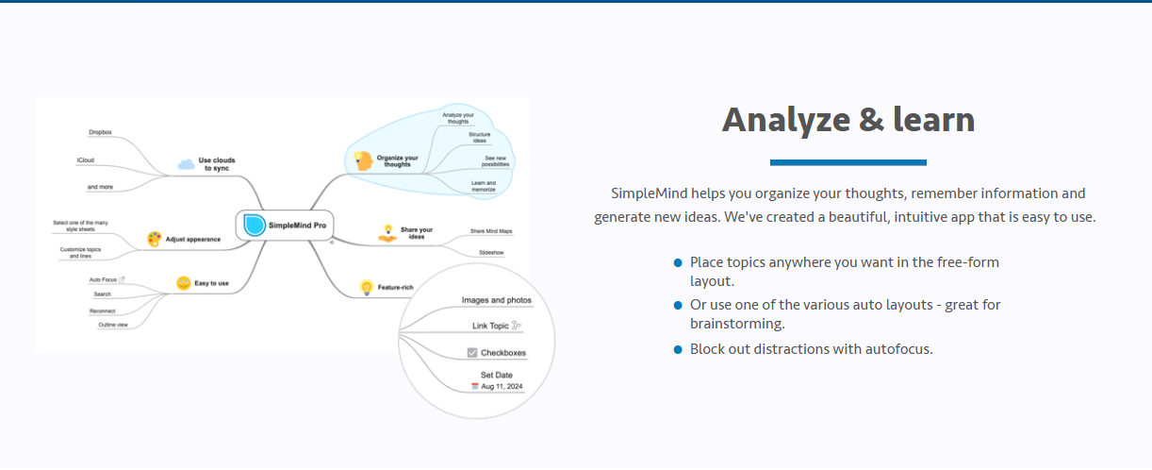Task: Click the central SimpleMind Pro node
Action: click(285, 225)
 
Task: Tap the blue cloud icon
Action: click(186, 164)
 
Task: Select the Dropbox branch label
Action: click(100, 132)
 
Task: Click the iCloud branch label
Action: click(86, 160)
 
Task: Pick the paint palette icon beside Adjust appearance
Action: click(155, 239)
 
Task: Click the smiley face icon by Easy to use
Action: click(184, 282)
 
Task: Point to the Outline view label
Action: click(113, 325)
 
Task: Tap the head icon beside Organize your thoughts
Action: click(363, 161)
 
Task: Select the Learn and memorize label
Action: click(484, 186)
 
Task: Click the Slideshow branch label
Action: click(491, 253)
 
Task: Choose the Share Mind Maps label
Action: click(491, 231)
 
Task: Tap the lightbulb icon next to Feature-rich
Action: click(367, 287)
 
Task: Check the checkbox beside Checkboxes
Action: click(472, 353)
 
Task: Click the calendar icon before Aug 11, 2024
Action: click(475, 386)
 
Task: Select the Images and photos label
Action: click(496, 300)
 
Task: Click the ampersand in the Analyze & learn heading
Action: click(871, 120)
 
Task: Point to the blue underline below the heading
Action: click(848, 162)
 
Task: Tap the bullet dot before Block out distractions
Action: click(678, 349)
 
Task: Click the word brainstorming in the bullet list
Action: click(737, 324)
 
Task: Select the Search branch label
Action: click(103, 294)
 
